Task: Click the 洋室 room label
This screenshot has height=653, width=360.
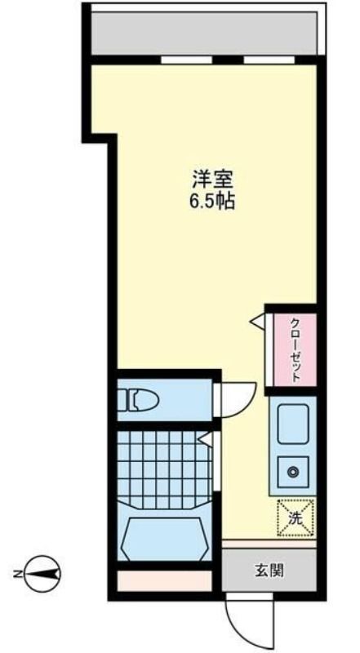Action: (x=213, y=180)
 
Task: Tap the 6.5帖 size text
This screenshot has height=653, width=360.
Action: (x=213, y=202)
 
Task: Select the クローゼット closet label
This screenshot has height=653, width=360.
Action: (x=296, y=350)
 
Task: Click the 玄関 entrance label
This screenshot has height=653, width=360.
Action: (x=269, y=571)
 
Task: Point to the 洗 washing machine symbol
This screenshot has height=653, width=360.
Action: (x=295, y=518)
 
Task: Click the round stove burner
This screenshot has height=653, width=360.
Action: (x=294, y=472)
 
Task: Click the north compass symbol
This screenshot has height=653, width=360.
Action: (x=43, y=575)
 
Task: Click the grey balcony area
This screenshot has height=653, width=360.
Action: (x=204, y=33)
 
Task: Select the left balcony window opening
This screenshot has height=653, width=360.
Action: (x=186, y=60)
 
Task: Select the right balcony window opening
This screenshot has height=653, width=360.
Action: (x=269, y=60)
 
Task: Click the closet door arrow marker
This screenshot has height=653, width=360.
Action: (x=258, y=321)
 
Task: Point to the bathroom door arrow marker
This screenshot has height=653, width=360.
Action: (x=205, y=438)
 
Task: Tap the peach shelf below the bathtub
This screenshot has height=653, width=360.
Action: (x=165, y=581)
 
